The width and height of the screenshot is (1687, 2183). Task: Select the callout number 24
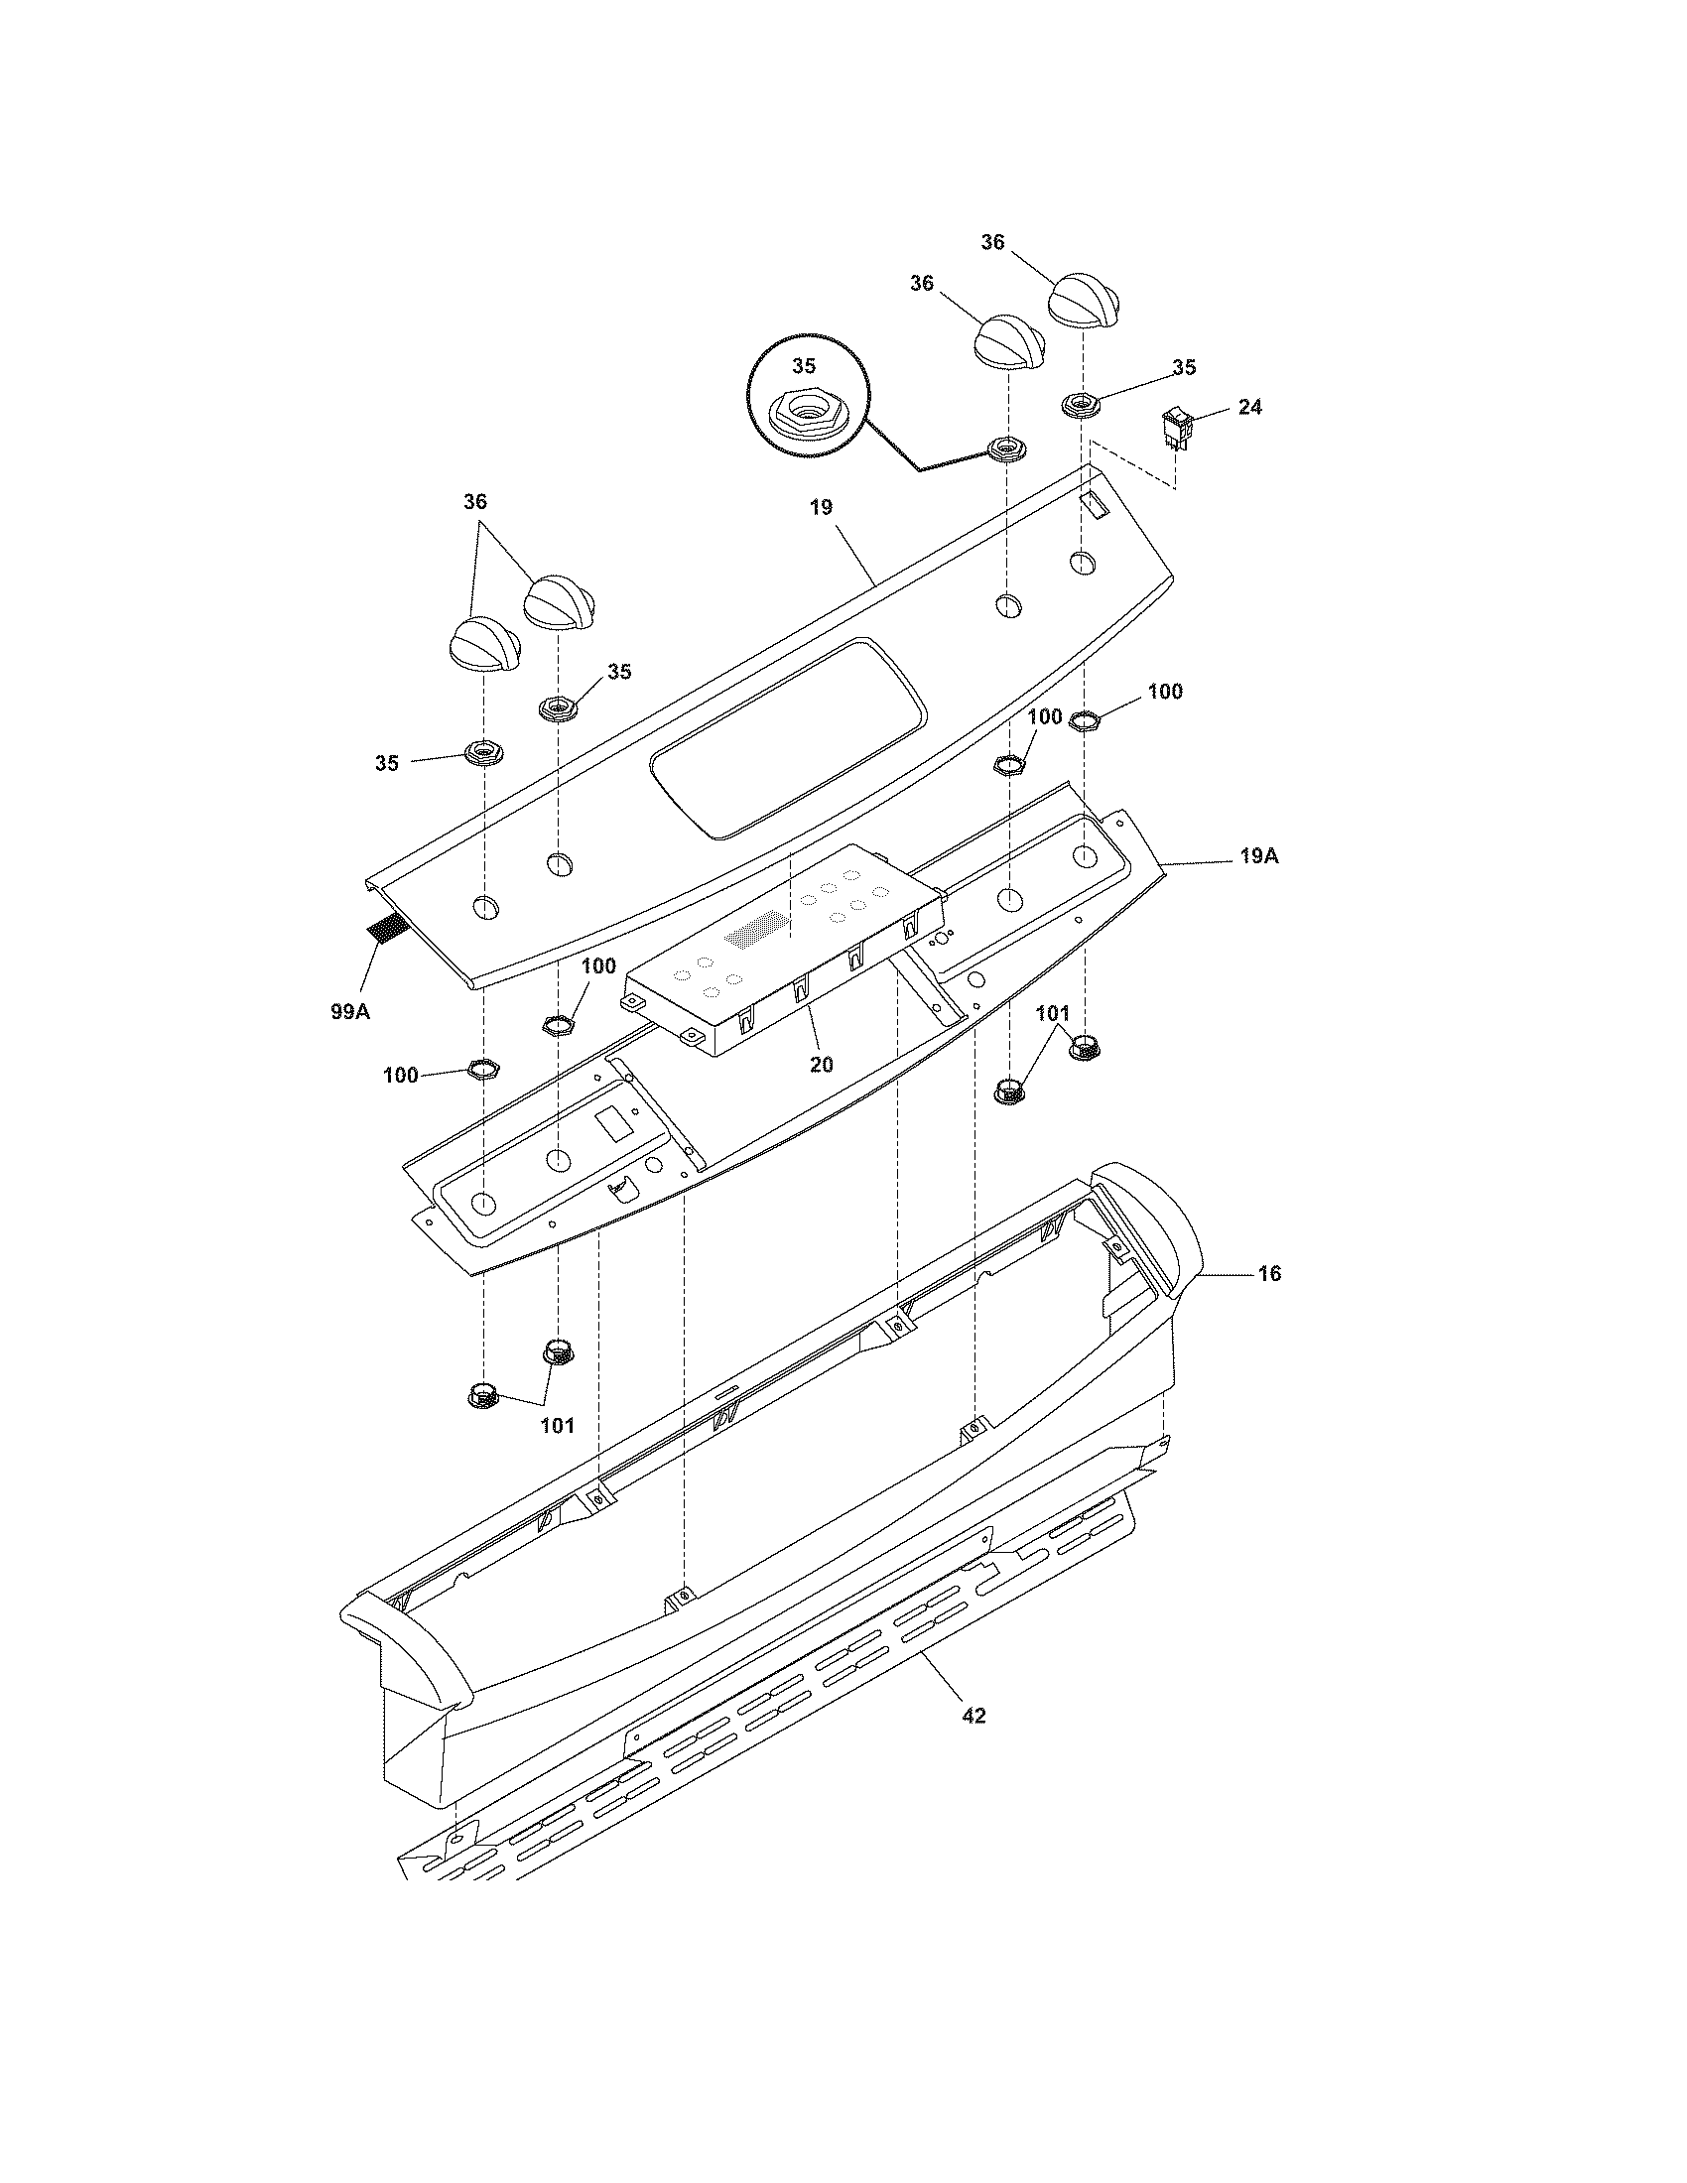(x=1249, y=407)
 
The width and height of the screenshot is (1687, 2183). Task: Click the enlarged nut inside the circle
(x=806, y=411)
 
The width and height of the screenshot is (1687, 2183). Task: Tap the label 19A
(x=1259, y=856)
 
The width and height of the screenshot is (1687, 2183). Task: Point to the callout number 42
(x=973, y=1716)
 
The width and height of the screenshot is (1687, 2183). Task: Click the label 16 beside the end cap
(x=1268, y=1273)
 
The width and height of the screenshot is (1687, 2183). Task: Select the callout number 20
(x=821, y=1065)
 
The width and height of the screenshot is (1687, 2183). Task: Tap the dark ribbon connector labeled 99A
(x=386, y=931)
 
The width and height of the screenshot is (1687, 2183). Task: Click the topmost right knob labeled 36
(x=1085, y=298)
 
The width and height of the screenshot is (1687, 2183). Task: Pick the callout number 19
(x=821, y=507)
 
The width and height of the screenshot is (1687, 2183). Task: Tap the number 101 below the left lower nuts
(x=557, y=1425)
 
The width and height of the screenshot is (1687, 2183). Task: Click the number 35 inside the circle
(x=804, y=366)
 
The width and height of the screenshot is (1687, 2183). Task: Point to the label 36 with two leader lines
(x=474, y=502)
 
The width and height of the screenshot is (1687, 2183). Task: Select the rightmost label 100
(x=1164, y=692)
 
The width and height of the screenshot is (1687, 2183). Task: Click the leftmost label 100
(x=401, y=1076)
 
